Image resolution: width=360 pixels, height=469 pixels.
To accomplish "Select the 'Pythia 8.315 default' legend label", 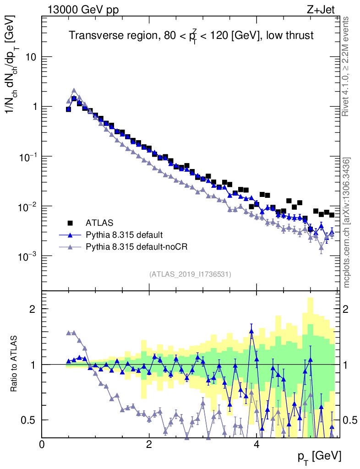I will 124,235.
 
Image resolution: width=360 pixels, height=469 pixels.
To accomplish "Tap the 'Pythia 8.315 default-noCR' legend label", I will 137,247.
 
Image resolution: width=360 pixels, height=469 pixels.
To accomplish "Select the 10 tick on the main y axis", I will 32,57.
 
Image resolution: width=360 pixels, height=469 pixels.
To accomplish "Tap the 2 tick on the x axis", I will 149,445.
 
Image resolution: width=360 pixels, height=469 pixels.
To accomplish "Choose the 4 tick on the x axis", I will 256,445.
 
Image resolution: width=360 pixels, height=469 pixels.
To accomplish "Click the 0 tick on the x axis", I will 42,445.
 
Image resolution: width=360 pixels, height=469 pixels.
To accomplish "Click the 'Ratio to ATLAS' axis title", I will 15,364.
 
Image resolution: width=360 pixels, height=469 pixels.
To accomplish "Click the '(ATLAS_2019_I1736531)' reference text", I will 190,274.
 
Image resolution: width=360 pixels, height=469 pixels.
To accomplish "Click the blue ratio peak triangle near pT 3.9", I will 251,331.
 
